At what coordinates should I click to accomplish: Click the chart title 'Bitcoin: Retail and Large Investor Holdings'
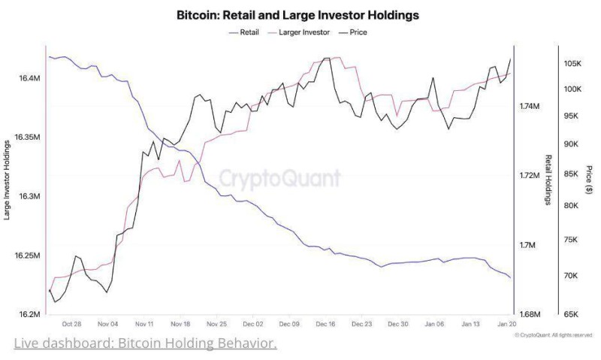pyautogui.click(x=297, y=14)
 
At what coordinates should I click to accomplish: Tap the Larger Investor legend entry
pyautogui.click(x=304, y=32)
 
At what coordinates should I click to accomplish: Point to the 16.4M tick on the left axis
pyautogui.click(x=29, y=78)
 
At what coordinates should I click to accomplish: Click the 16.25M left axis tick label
pyautogui.click(x=27, y=256)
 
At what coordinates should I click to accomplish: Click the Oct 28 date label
pyautogui.click(x=72, y=325)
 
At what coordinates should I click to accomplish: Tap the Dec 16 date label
pyautogui.click(x=325, y=325)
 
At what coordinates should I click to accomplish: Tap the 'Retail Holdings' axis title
pyautogui.click(x=548, y=180)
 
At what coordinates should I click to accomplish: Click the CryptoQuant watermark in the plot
pyautogui.click(x=279, y=178)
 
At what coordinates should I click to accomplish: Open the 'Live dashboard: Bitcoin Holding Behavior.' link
pyautogui.click(x=146, y=343)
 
